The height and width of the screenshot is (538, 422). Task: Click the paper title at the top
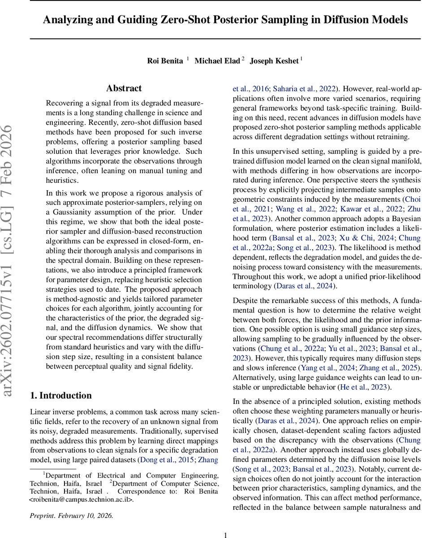point(225,20)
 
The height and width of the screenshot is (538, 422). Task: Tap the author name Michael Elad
point(217,61)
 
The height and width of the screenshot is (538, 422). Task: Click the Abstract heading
point(124,88)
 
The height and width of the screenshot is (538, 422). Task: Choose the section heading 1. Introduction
point(60,395)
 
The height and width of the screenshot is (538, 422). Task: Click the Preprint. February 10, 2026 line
point(71,516)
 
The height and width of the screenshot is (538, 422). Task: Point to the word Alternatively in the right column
point(254,377)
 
